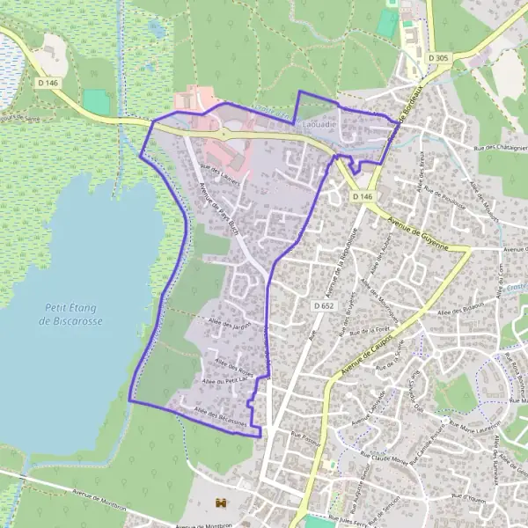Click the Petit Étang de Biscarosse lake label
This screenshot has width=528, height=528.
tap(72, 315)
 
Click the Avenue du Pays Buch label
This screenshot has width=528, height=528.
tap(218, 209)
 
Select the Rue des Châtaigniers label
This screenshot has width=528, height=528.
tap(499, 149)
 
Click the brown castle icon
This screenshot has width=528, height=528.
tap(220, 502)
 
